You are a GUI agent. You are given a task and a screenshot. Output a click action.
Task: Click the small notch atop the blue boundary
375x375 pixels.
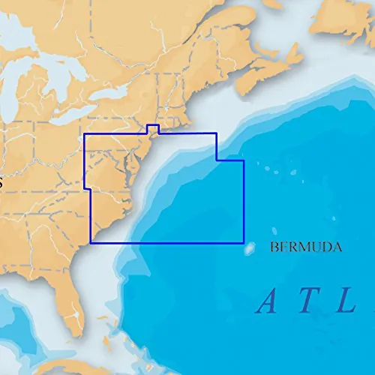(152, 128)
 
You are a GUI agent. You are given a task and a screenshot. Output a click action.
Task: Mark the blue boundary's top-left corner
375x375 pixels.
(84, 134)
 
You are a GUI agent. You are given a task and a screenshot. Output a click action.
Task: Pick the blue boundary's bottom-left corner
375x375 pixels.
(90, 243)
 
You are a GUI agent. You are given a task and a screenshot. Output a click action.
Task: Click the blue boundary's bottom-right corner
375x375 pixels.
(244, 243)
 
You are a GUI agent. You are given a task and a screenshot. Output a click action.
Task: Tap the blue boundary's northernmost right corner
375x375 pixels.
(217, 134)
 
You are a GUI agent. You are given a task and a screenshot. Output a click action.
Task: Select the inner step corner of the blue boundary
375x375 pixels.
(217, 160)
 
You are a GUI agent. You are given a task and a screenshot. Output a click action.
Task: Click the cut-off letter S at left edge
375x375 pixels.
(1, 183)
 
